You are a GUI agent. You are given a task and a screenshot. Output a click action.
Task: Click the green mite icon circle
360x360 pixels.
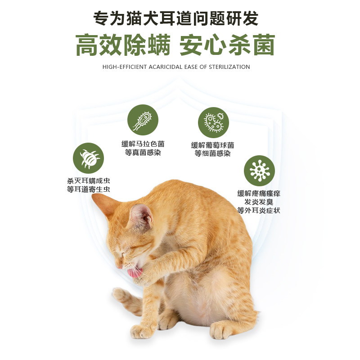pyautogui.click(x=89, y=158)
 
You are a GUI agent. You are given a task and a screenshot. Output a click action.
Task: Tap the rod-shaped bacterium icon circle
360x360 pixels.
pyautogui.click(x=143, y=120)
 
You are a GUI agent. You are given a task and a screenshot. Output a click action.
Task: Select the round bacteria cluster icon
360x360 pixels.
pyautogui.click(x=214, y=122)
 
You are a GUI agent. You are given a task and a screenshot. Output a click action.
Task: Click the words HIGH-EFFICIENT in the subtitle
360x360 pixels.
pyautogui.click(x=124, y=67)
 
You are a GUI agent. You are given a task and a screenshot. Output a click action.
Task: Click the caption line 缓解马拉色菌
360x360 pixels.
pyautogui.click(x=143, y=144)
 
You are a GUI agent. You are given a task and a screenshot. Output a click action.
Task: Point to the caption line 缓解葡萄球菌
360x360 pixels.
pyautogui.click(x=212, y=145)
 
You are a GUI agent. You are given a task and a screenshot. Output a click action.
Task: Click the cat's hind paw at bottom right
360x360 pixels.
pyautogui.click(x=222, y=331)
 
